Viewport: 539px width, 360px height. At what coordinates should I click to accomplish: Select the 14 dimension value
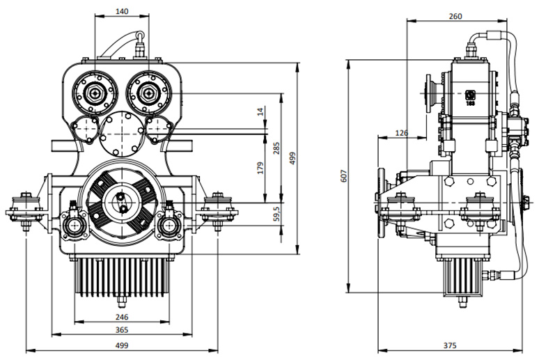[260, 111]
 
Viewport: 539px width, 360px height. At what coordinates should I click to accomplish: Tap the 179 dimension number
[260, 168]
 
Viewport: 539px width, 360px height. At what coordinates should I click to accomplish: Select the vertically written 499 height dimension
[293, 158]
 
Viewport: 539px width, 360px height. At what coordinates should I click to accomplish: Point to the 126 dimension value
[401, 132]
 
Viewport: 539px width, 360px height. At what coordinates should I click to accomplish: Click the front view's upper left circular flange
[93, 91]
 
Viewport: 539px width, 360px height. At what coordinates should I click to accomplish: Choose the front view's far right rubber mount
[219, 207]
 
